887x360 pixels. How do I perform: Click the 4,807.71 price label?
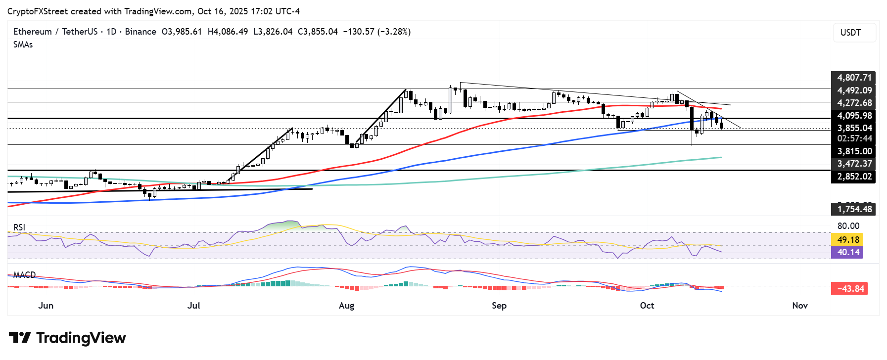click(853, 78)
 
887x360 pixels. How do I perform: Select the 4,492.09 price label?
click(853, 90)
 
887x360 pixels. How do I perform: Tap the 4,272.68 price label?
click(853, 103)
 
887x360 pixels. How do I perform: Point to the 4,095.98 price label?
click(853, 116)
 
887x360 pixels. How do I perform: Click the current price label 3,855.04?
click(853, 128)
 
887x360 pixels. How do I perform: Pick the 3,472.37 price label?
click(853, 164)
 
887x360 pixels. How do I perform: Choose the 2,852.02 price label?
click(853, 177)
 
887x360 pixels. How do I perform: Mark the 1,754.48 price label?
click(853, 209)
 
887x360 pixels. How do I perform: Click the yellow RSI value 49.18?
click(848, 240)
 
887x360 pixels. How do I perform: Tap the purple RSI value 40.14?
click(848, 252)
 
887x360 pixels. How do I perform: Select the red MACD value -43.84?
click(850, 289)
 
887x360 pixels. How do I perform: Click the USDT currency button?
click(854, 33)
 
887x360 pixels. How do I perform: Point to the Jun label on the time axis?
click(46, 306)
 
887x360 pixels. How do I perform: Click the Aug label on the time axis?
click(346, 306)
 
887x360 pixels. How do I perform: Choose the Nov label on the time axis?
click(799, 306)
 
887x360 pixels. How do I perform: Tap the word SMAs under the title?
click(23, 45)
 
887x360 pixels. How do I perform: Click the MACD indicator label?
click(24, 275)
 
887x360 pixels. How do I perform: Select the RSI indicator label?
click(19, 227)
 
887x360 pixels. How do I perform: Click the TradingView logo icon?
click(20, 338)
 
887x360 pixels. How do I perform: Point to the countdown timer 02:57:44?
click(854, 139)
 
